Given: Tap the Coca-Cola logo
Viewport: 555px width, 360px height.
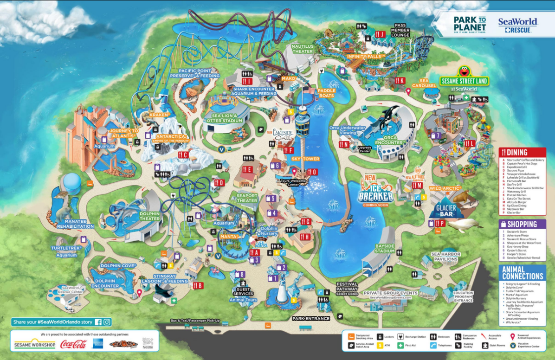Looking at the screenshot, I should pos(73,344).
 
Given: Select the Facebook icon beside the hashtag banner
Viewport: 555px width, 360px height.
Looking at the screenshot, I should pos(98,322).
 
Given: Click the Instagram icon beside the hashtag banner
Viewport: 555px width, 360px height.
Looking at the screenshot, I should pos(107,322).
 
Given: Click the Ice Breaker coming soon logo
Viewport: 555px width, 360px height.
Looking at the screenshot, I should pos(375,193).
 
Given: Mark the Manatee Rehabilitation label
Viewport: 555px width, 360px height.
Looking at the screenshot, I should pos(75,224).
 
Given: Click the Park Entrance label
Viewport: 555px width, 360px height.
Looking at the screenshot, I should pos(311,319).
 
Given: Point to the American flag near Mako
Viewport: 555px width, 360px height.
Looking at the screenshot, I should pos(308,90).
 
